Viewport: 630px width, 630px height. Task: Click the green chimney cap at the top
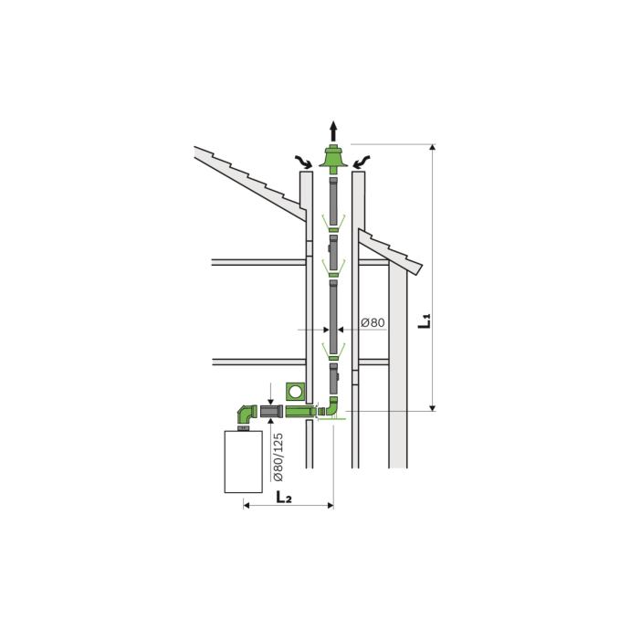click(333, 159)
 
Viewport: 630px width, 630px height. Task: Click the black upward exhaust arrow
click(333, 131)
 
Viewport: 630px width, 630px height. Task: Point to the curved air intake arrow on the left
click(304, 162)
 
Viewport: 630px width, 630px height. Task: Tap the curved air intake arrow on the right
click(362, 162)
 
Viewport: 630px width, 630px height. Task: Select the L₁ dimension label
click(425, 321)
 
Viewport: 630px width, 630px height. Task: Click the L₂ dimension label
click(284, 498)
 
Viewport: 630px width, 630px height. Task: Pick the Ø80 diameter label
click(373, 322)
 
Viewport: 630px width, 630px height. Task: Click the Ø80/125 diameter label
click(278, 457)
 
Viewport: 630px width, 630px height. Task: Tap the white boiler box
click(244, 462)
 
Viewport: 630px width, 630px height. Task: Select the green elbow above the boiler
click(247, 415)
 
